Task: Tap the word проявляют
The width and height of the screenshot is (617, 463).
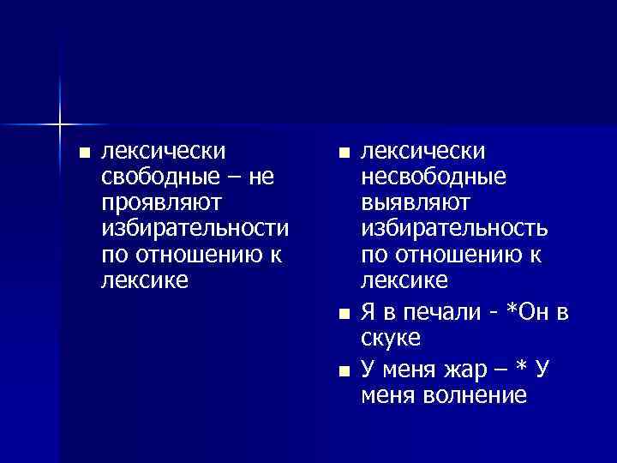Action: (161, 203)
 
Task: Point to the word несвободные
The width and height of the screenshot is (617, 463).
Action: (434, 177)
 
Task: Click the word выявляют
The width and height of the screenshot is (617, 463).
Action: (415, 203)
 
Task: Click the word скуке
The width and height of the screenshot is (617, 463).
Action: (391, 338)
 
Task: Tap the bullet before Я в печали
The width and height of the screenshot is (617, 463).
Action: (344, 314)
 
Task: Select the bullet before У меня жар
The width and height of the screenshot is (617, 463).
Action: (344, 371)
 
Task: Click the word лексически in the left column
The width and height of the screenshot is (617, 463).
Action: (164, 152)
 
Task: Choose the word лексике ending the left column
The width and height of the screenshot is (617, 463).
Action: (144, 280)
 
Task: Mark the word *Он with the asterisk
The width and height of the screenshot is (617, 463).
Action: (530, 313)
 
